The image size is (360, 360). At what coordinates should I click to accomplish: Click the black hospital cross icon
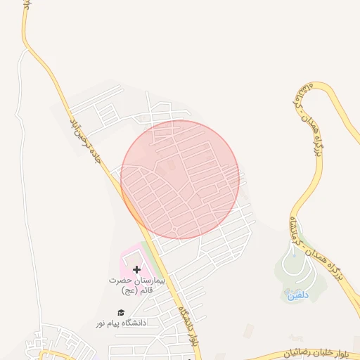coord(136,269)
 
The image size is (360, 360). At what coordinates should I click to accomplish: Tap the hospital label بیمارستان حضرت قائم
coord(136,285)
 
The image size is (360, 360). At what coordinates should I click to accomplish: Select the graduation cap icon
coord(121,313)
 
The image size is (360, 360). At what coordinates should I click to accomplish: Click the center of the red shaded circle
coord(180,179)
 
